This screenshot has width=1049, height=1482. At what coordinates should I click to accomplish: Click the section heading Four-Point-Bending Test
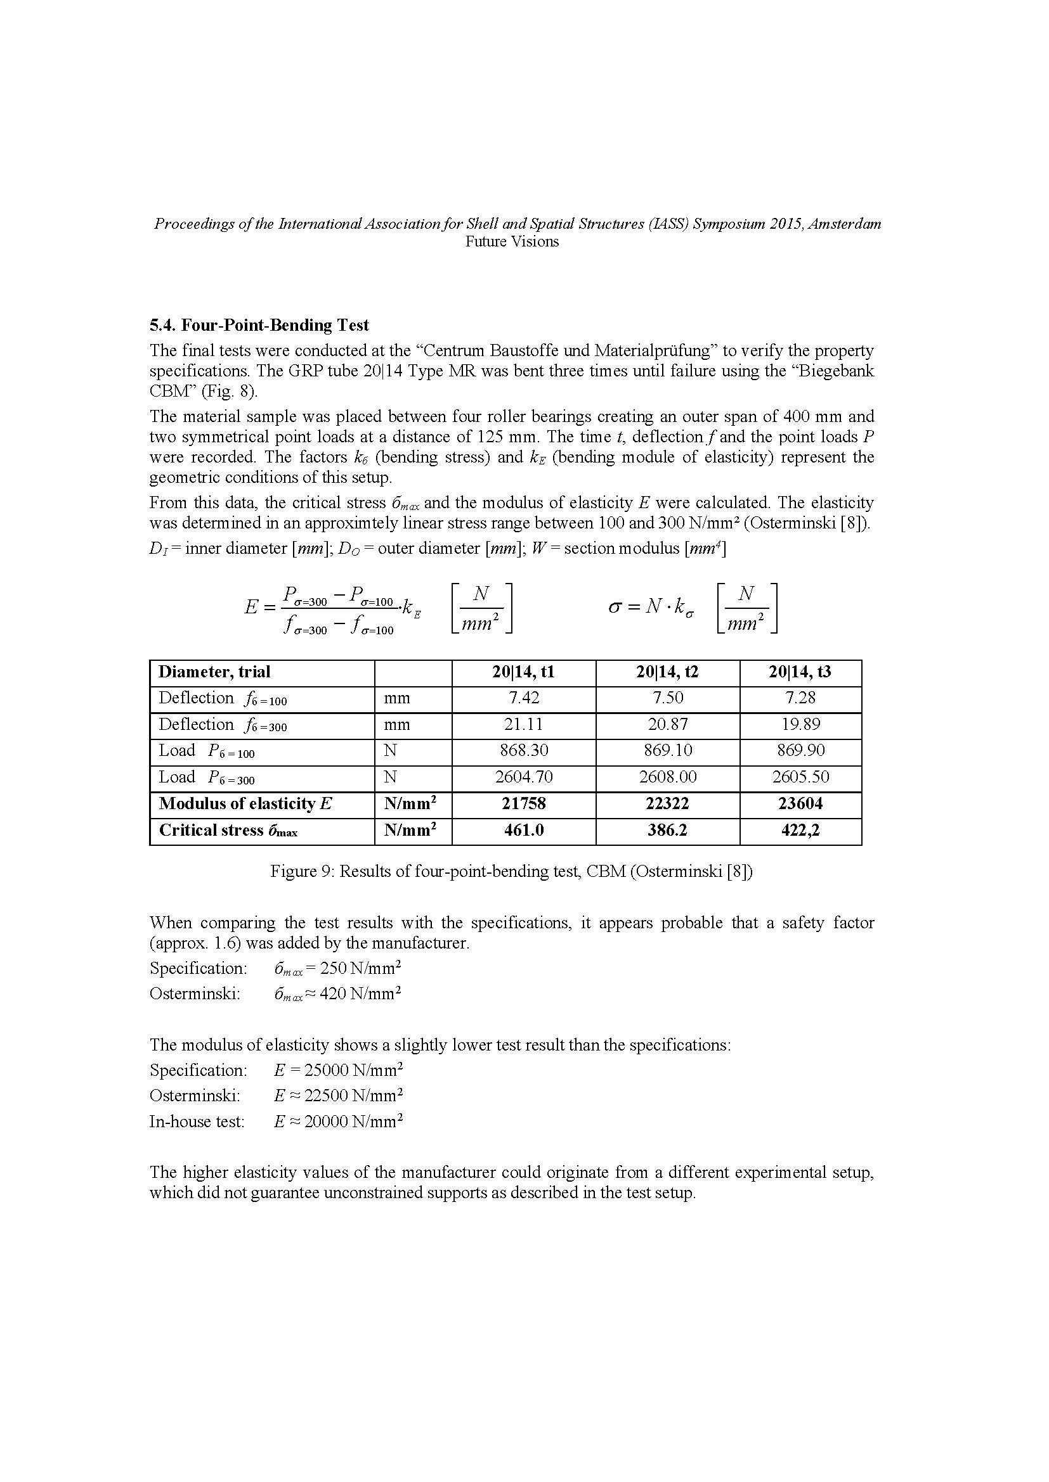click(259, 324)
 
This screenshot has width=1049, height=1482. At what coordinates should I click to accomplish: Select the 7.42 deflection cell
click(523, 698)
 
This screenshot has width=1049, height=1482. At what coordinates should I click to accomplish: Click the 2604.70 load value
click(523, 777)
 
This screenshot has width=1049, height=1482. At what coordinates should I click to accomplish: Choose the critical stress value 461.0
click(523, 830)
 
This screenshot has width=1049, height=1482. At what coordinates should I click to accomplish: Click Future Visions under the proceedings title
click(512, 241)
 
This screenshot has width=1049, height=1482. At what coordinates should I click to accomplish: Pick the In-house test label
click(197, 1122)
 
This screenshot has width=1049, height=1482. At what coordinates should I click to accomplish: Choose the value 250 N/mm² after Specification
click(360, 968)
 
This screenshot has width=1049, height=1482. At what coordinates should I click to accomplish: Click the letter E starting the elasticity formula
click(251, 607)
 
